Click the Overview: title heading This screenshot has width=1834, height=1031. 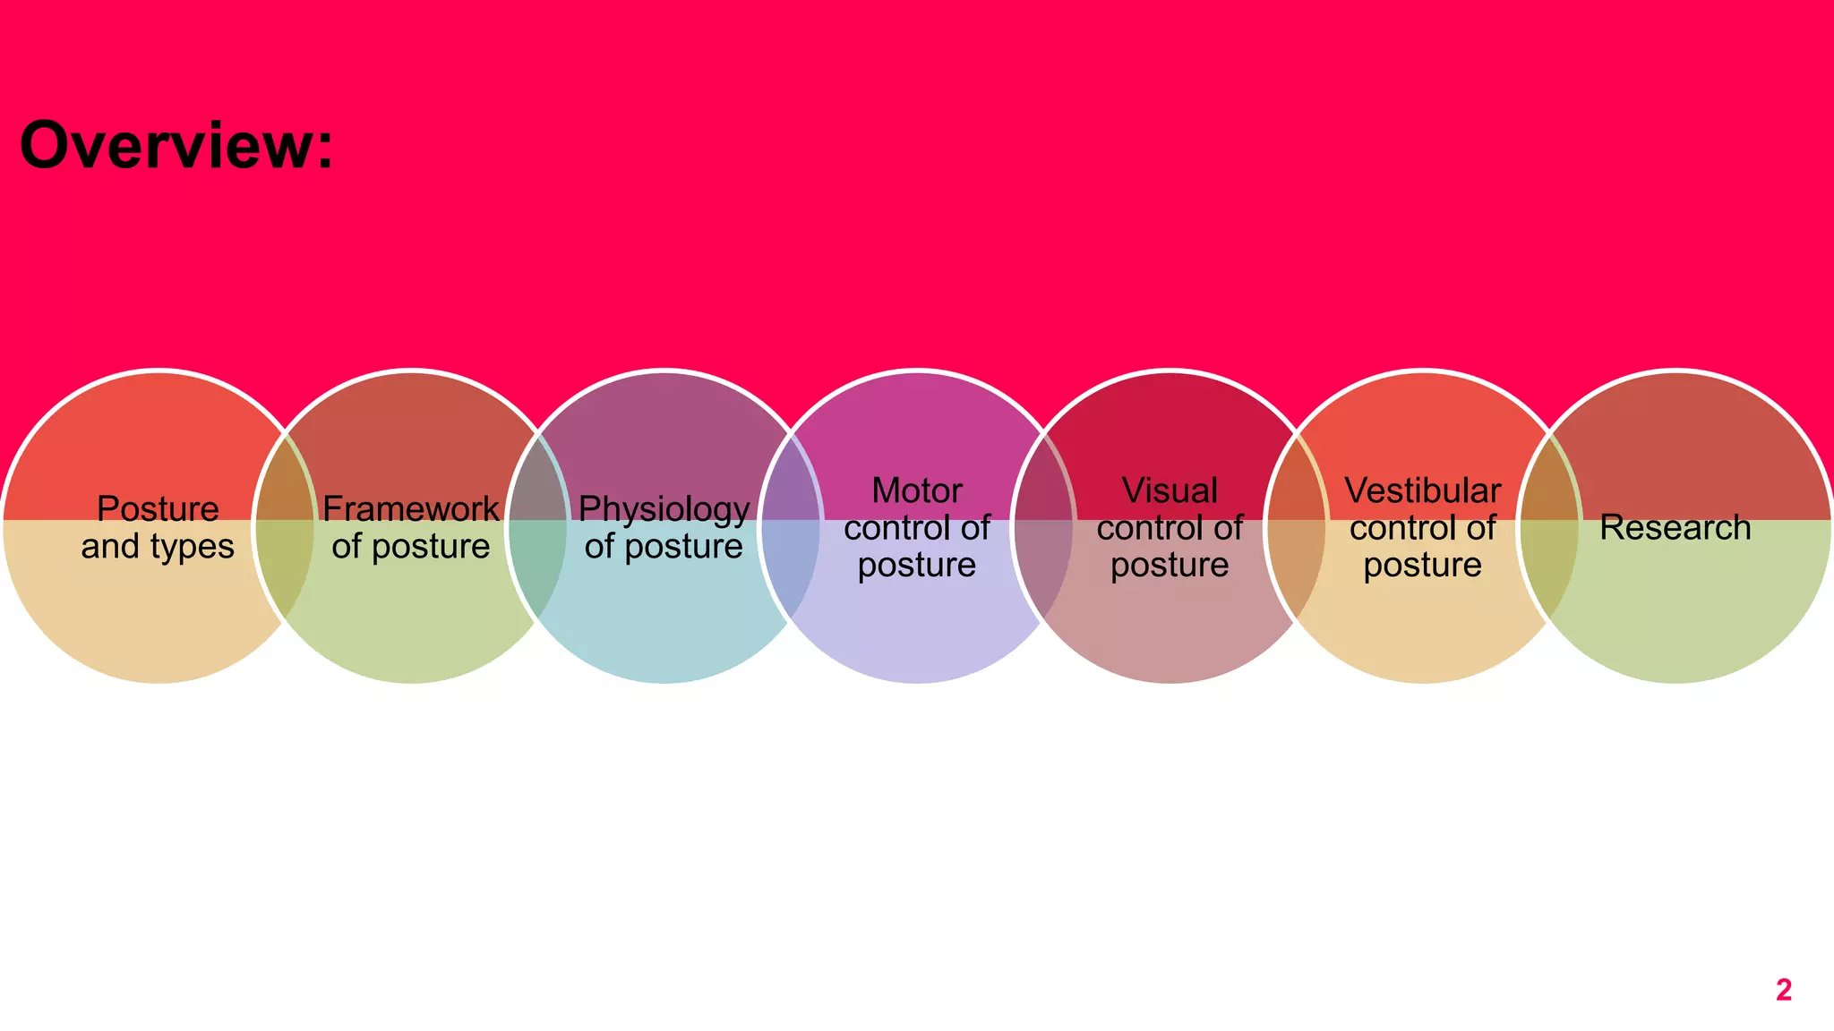pos(176,146)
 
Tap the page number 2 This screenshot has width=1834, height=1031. pos(1783,990)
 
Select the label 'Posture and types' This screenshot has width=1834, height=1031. pos(158,528)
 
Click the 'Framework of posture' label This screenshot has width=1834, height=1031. pos(411,528)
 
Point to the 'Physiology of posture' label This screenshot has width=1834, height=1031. pos(664,528)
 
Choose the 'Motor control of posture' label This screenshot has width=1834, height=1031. pos(917,528)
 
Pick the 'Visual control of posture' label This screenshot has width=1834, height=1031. pos(1170,528)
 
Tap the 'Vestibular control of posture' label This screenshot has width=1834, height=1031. pos(1422,528)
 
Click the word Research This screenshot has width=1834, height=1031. pos(1675,528)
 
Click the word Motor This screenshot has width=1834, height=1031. pos(917,490)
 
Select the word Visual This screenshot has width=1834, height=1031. pos(1170,490)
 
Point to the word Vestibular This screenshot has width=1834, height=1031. pos(1422,490)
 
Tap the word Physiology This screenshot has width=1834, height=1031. pos(664,509)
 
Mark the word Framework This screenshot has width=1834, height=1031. pos(411,509)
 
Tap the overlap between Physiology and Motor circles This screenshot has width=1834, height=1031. pos(790,573)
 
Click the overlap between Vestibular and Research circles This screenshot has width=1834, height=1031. pos(1548,573)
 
